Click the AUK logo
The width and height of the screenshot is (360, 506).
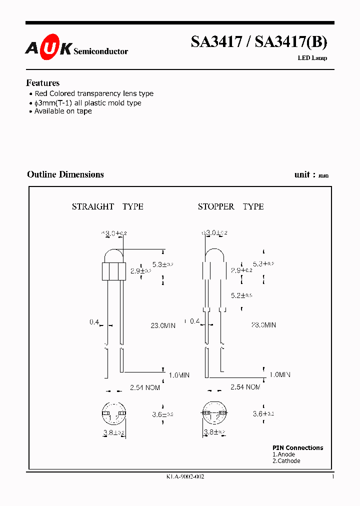click(48, 48)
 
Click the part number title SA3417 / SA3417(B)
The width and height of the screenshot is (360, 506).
click(258, 43)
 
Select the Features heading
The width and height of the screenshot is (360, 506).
click(42, 83)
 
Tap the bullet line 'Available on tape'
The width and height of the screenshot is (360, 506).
click(62, 111)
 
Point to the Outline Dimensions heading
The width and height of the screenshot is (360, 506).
click(65, 174)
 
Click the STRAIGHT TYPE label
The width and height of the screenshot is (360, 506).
click(107, 206)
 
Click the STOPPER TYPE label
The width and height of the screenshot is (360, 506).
click(230, 206)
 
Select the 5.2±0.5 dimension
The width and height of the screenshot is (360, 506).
click(241, 295)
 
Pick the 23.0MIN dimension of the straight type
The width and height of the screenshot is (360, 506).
click(163, 325)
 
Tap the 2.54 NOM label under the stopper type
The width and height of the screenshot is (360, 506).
click(245, 387)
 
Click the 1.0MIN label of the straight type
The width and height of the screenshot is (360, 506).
click(178, 375)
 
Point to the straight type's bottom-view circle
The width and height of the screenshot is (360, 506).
click(112, 413)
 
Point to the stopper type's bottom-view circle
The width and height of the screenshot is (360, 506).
click(213, 413)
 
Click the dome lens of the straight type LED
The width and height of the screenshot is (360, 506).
click(113, 255)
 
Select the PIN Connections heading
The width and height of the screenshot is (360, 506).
click(297, 448)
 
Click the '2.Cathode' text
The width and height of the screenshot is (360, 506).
click(286, 461)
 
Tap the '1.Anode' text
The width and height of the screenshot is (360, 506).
click(283, 454)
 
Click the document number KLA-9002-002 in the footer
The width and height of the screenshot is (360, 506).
click(185, 477)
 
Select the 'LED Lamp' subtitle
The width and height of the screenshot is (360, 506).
click(312, 58)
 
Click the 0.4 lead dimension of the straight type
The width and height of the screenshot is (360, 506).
click(94, 322)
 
